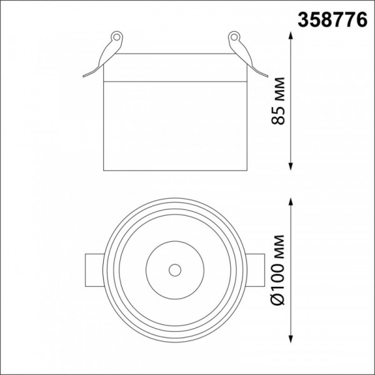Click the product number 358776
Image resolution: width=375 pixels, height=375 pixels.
tap(332, 20)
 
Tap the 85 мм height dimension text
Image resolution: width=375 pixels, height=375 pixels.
tap(278, 101)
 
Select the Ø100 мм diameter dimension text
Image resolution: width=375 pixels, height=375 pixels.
tap(278, 270)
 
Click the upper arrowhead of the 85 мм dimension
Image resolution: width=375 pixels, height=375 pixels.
tap(291, 36)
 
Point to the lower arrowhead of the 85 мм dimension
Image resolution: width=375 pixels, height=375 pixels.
tap(291, 166)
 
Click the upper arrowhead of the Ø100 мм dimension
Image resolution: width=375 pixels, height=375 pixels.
tap(291, 202)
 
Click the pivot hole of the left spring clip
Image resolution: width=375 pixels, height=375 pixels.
tap(116, 37)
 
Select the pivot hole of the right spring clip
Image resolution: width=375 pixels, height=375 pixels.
tap(234, 37)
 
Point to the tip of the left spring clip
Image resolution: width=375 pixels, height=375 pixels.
tap(84, 76)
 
